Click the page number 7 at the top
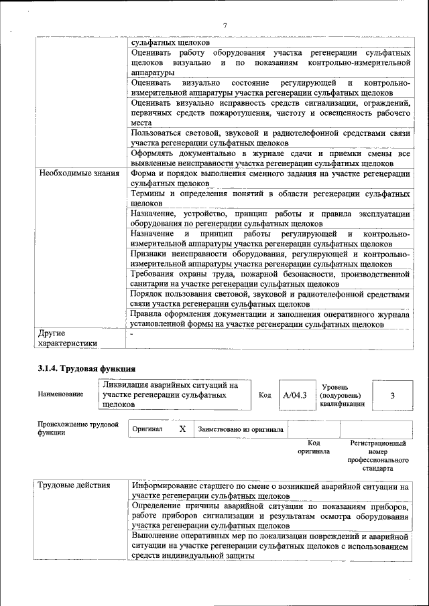coord(225,25)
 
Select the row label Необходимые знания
coord(74,173)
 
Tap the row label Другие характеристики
coord(68,338)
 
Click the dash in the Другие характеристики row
coord(132,333)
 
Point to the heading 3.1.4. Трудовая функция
coord(86,368)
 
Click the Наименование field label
coord(60,394)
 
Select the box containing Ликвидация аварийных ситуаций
coord(174,395)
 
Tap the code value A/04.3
coord(294,395)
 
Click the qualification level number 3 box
coord(392,395)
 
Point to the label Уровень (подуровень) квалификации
coord(343,395)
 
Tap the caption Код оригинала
coord(313,447)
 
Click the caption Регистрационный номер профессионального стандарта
coord(377,456)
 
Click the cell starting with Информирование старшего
coord(269,491)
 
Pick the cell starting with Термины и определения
coord(269,198)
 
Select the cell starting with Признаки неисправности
coord(269,259)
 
